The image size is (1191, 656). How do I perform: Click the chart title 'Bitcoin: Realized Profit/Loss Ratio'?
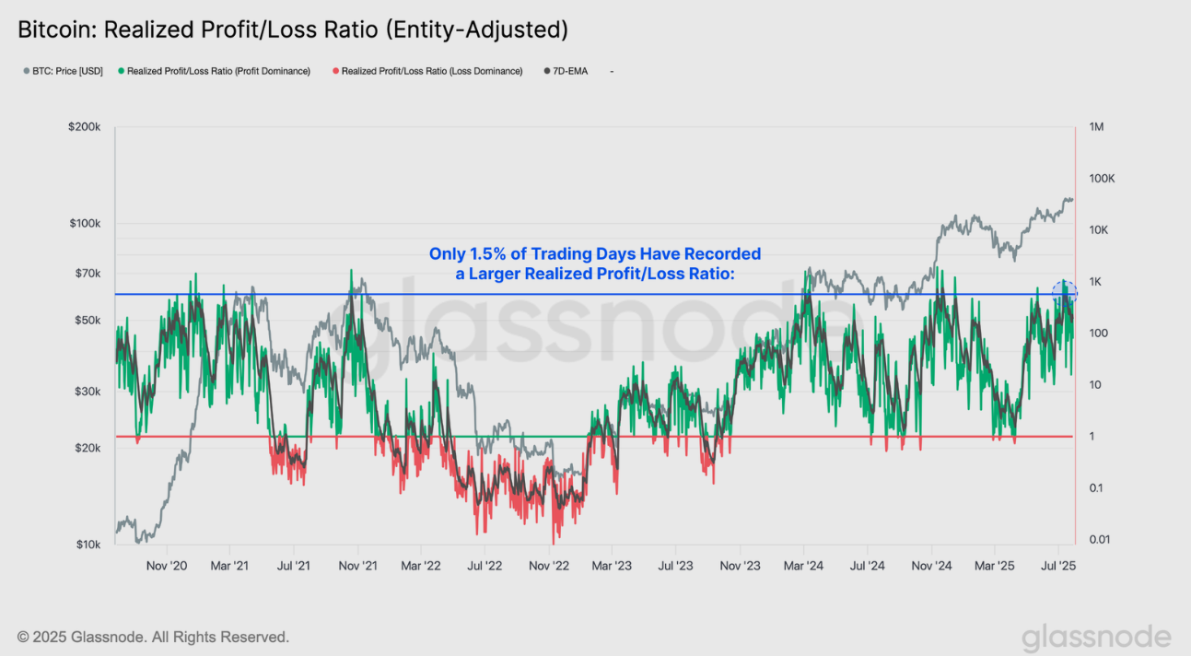[293, 29]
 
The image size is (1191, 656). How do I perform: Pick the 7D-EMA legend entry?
[569, 71]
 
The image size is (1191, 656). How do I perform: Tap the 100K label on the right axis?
[1102, 179]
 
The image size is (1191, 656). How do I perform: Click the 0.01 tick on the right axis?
[1098, 540]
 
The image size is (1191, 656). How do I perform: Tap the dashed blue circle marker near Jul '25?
[1065, 295]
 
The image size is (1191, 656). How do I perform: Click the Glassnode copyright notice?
[153, 637]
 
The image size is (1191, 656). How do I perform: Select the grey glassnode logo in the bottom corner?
[1096, 638]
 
